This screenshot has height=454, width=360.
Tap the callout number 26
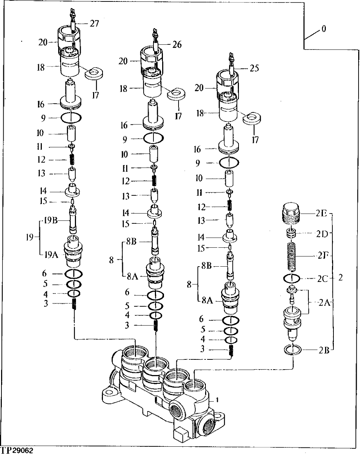(x=177, y=45)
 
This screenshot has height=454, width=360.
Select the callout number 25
(x=255, y=68)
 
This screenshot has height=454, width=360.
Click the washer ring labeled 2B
(x=293, y=350)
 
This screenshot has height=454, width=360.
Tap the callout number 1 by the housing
(x=217, y=400)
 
